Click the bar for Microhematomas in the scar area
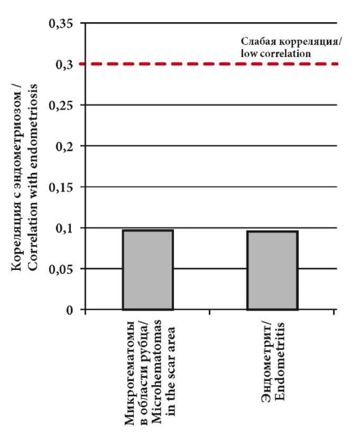coord(148,270)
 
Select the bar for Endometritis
coord(272,271)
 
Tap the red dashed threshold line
coord(210,64)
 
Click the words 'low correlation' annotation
coord(276,53)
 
